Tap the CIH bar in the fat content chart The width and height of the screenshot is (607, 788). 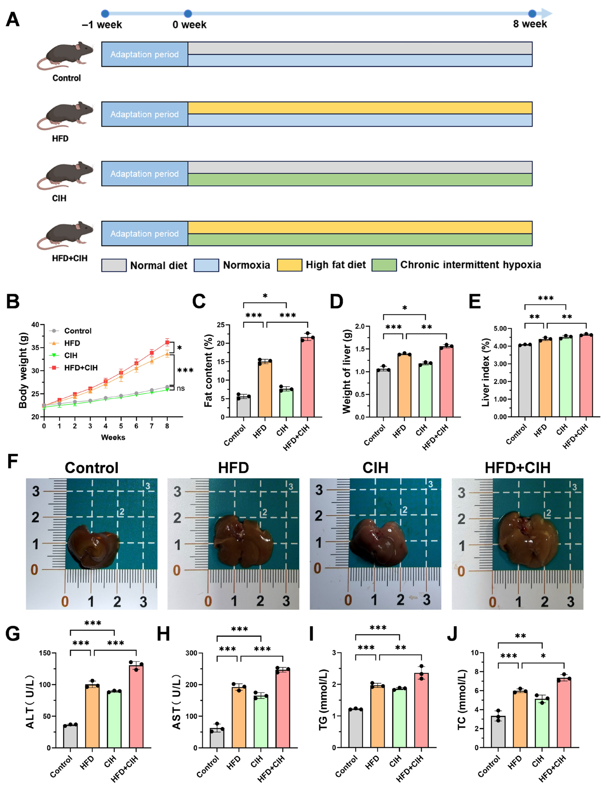(286, 403)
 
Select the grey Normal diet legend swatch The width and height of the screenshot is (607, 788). (114, 265)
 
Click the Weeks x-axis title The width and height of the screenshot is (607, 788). (113, 437)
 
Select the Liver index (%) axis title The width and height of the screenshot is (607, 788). (486, 372)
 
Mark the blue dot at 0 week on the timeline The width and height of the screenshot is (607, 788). (188, 14)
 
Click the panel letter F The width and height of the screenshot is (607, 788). (13, 461)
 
